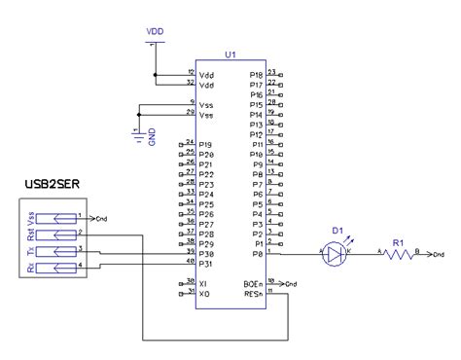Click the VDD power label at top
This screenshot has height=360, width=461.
tap(155, 32)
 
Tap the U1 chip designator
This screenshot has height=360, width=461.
tap(230, 56)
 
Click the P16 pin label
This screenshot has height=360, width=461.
tap(256, 94)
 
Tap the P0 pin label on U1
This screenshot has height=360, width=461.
tap(257, 254)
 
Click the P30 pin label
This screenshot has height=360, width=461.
tap(204, 254)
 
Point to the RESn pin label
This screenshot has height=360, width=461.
tap(253, 294)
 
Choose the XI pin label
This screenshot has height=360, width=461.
tap(202, 284)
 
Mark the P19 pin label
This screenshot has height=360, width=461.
tap(204, 145)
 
